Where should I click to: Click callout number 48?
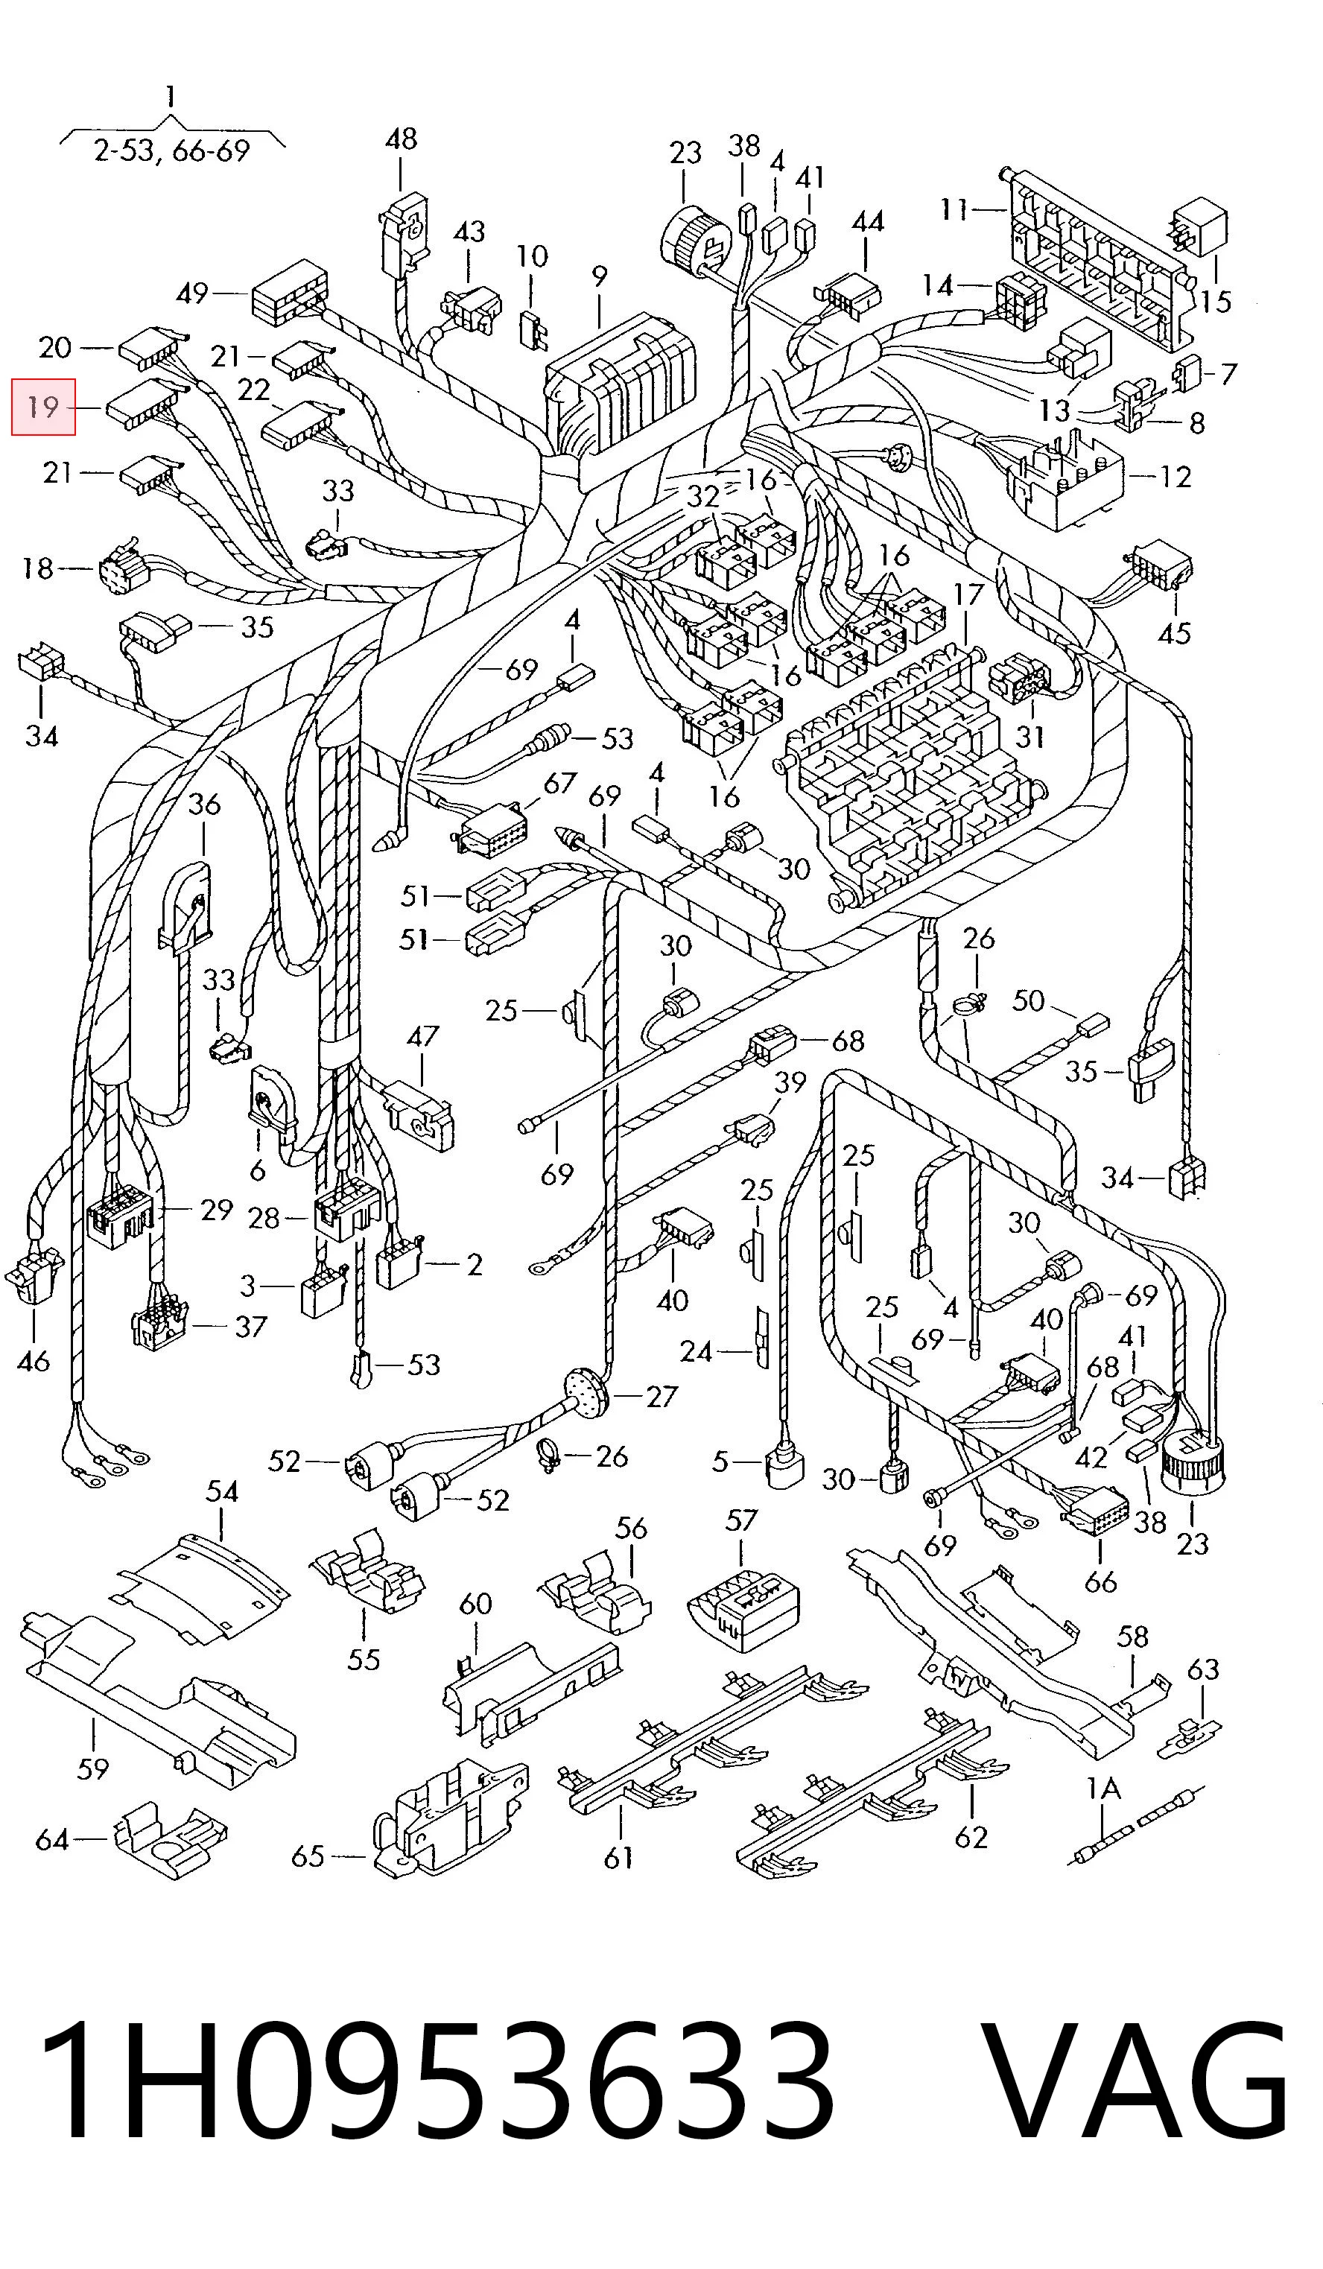coord(401,139)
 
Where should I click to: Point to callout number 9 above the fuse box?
coord(599,277)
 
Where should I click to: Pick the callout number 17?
coord(968,595)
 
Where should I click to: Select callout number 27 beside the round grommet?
coord(662,1396)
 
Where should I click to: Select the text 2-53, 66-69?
coord(171,150)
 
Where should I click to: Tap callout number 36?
coord(203,803)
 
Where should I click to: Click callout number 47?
coord(422,1036)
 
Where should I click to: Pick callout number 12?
coord(1176,475)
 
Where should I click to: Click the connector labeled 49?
coord(289,293)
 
